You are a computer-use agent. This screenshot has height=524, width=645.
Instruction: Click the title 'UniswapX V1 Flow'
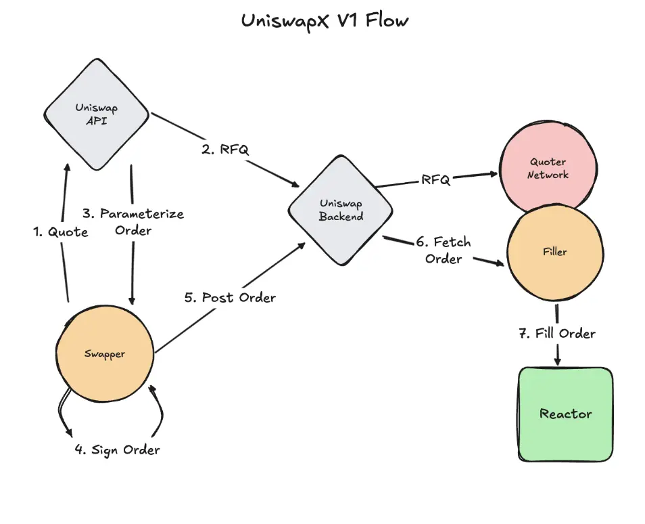[325, 21]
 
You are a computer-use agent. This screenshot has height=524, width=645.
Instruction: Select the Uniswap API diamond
[97, 114]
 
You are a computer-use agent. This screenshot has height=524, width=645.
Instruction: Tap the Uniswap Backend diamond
[340, 210]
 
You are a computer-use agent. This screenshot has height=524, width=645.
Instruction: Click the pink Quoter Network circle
[548, 169]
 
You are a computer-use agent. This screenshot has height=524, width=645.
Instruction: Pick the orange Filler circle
[554, 252]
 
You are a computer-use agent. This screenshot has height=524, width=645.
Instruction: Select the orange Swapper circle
[105, 354]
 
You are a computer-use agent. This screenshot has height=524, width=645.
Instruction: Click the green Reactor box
[565, 414]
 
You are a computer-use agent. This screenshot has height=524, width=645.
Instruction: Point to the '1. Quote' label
[61, 232]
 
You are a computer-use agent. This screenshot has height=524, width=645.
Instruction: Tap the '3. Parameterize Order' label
[133, 222]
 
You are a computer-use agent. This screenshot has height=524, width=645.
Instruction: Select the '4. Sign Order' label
[117, 450]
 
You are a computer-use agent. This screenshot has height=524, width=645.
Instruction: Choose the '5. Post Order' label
[230, 297]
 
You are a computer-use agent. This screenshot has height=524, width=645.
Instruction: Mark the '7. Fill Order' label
[557, 334]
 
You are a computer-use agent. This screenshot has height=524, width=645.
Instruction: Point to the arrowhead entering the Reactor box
[558, 362]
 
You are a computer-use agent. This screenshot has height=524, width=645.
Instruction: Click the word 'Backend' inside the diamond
[341, 217]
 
